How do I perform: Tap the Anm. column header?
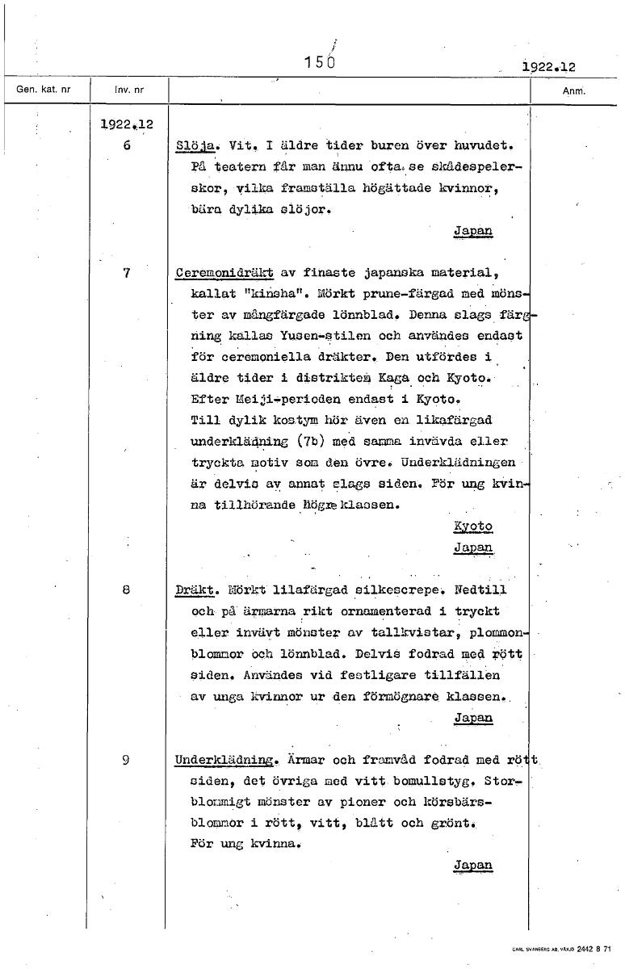click(573, 90)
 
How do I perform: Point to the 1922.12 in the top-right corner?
click(548, 68)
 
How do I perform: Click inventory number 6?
click(127, 146)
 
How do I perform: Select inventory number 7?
click(127, 272)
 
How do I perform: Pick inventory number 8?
click(127, 589)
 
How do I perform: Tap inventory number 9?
click(127, 759)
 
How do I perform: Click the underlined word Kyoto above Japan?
click(473, 526)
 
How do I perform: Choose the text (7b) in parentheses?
click(310, 442)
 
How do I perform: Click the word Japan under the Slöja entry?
click(473, 231)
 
